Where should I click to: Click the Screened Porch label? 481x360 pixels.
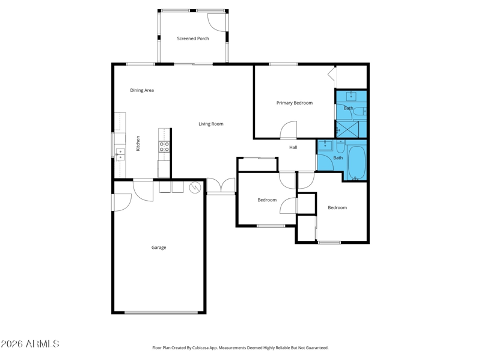tap(193, 38)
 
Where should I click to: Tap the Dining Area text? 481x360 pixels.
tap(142, 90)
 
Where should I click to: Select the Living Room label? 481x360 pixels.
tap(211, 124)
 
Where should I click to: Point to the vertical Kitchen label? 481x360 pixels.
tap(138, 143)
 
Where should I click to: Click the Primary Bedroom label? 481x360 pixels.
tap(295, 103)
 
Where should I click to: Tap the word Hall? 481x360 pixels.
tap(293, 147)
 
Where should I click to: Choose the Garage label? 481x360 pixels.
tap(159, 248)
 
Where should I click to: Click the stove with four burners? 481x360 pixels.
tap(164, 147)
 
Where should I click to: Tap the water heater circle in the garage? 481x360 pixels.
tap(195, 188)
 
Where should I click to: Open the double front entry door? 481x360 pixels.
tap(221, 187)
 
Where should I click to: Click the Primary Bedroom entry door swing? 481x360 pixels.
tap(289, 130)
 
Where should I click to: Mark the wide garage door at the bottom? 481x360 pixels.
tap(161, 313)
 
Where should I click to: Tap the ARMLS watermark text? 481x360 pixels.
tap(30, 344)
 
